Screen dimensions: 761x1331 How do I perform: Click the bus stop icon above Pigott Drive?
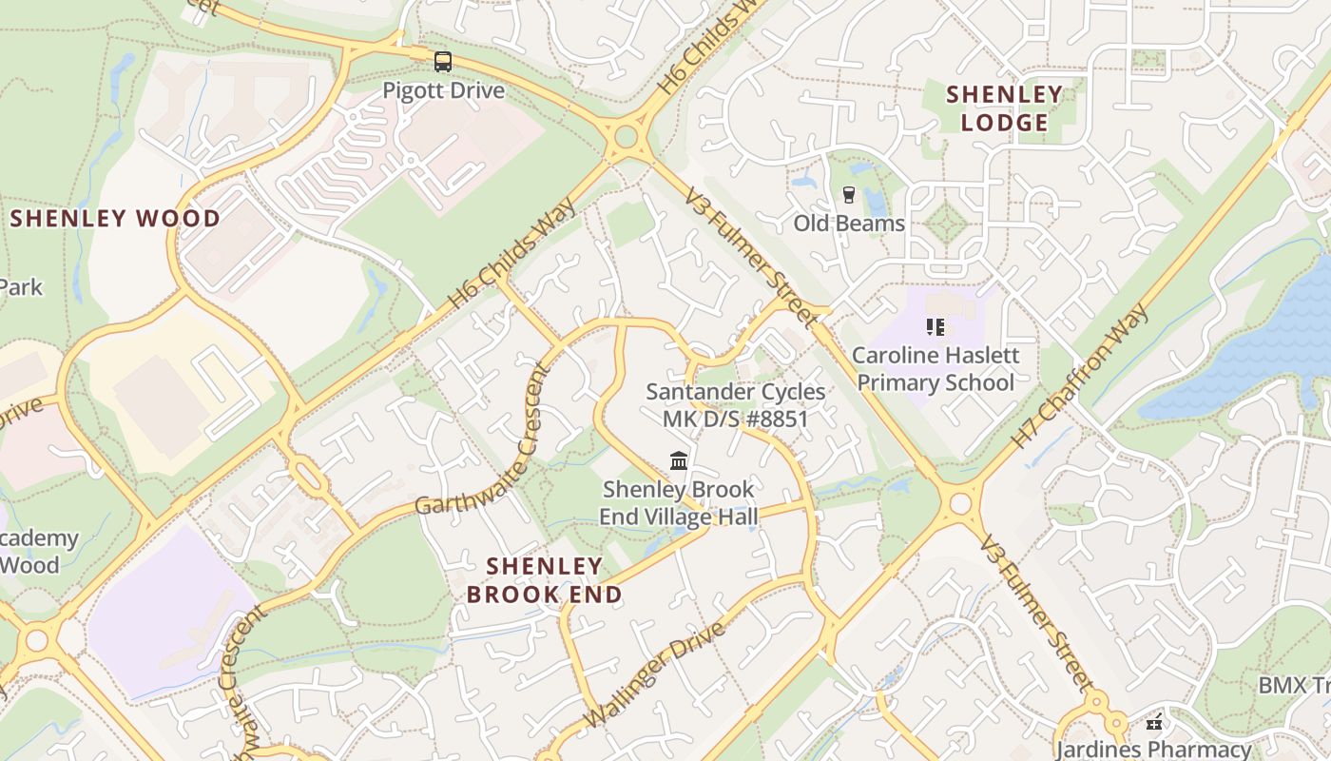443,62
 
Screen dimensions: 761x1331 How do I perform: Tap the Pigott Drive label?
443,91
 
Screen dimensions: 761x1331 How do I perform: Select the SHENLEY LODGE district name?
1004,108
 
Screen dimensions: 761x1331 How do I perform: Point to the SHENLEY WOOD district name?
115,219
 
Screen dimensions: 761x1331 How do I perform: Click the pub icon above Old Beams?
849,195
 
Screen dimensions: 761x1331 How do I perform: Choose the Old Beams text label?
849,224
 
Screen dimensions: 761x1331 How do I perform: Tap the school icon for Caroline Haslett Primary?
936,327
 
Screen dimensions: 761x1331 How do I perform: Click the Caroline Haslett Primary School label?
936,369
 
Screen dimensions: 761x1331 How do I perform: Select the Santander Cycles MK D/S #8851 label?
735,405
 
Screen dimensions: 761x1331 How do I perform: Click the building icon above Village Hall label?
679,461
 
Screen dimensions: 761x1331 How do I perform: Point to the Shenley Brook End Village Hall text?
678,502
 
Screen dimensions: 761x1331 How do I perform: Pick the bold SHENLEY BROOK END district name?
544,580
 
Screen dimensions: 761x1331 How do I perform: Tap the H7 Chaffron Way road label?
1080,377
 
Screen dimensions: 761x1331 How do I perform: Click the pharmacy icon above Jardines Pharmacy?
1154,723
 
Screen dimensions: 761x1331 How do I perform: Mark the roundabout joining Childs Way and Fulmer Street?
626,137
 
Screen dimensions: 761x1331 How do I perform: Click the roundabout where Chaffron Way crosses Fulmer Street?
960,502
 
